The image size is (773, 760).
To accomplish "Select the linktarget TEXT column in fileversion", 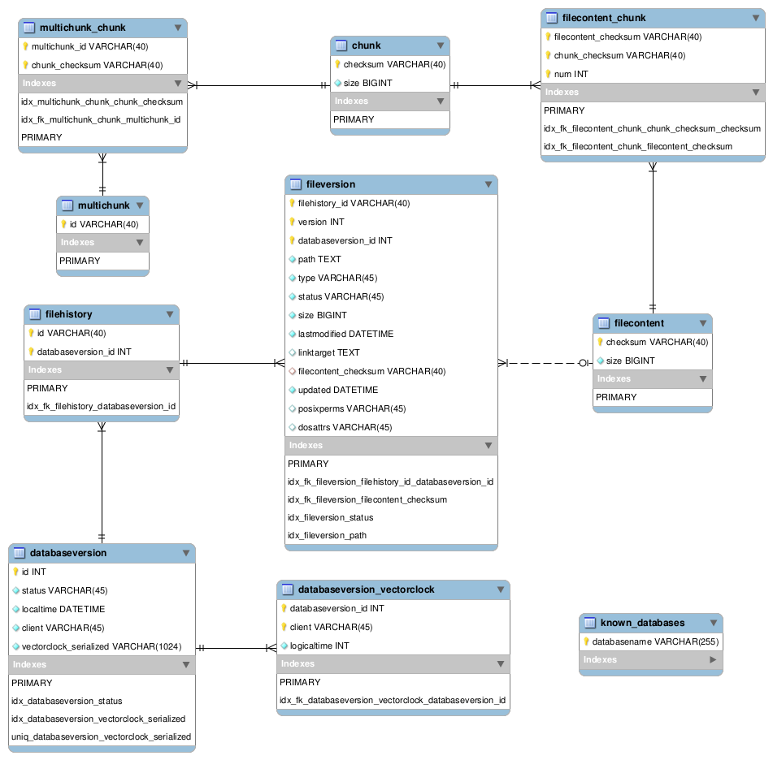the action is pos(329,352).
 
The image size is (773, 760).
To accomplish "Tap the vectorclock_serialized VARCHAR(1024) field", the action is pos(102,646).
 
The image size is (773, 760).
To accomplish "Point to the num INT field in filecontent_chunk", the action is pos(571,74).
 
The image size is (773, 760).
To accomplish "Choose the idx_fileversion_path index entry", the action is pos(327,535).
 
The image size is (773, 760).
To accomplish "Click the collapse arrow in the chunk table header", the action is pos(441,45).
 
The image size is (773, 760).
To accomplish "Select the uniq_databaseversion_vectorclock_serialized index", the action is pos(101,736).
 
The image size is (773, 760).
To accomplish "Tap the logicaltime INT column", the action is pos(319,646).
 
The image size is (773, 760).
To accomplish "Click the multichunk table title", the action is pos(103,205).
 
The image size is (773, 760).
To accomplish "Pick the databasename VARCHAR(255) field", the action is pos(655,641).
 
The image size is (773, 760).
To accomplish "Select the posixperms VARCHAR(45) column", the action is pos(352,408).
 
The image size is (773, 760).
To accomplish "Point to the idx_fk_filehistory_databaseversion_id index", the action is pos(101,406).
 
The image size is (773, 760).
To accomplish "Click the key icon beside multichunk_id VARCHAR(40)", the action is pos(25,46).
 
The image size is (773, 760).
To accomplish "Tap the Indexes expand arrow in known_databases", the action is pos(713,659).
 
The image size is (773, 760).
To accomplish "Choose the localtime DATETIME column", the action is pos(63,609).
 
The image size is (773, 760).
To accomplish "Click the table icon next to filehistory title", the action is pos(35,314).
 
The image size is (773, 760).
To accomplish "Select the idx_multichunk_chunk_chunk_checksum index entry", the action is pos(102,102).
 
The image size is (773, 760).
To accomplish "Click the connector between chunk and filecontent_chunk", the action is pos(496,85).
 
